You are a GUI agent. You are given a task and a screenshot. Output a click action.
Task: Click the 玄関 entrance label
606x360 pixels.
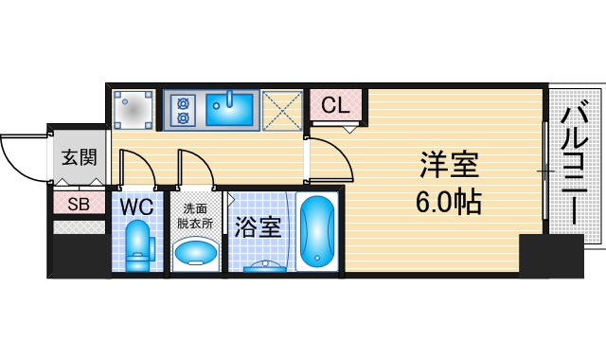(80, 157)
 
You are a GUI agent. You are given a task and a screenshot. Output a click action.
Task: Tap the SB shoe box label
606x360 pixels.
(78, 203)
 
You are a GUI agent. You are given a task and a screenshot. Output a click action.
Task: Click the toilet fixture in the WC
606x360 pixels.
(139, 243)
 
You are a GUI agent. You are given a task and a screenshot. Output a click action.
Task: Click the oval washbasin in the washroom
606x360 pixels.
(196, 252)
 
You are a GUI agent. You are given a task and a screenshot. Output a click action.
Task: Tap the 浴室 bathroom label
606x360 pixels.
(258, 227)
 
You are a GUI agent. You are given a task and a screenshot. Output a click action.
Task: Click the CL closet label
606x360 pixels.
(336, 105)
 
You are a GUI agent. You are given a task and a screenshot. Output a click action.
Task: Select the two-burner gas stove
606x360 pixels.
(183, 110)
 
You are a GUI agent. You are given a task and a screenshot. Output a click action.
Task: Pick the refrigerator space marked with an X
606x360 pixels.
(281, 109)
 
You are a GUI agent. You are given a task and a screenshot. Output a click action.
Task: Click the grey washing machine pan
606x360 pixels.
(134, 109)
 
